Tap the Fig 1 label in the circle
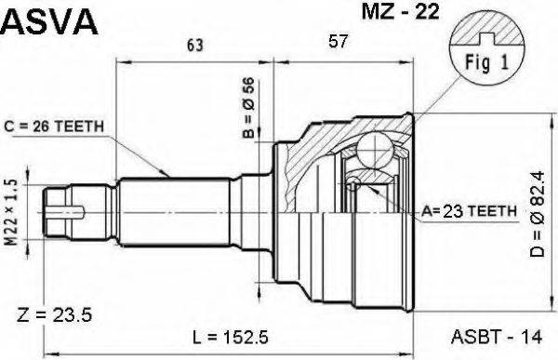click(x=483, y=63)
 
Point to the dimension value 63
click(x=194, y=44)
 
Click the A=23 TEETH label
click(x=471, y=212)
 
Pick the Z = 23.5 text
click(x=55, y=315)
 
